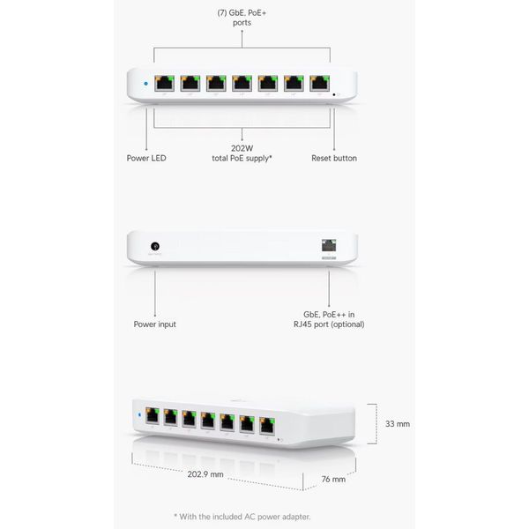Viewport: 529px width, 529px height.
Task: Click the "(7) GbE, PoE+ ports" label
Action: (x=242, y=18)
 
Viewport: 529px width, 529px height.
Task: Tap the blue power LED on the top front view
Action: (x=145, y=84)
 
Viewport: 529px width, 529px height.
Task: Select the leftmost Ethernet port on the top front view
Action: (x=164, y=84)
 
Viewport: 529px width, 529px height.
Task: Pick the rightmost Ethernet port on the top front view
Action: (x=319, y=84)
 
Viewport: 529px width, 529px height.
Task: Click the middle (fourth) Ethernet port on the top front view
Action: (x=242, y=84)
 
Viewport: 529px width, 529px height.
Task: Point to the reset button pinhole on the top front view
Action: (x=334, y=95)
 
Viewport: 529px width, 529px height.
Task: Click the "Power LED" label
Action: (x=146, y=158)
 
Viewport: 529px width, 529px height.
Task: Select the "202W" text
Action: (x=242, y=148)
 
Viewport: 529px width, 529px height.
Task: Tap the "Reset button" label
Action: (x=334, y=158)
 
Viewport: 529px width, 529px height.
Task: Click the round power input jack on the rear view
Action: (x=155, y=246)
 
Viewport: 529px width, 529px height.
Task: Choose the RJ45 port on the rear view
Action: (x=329, y=245)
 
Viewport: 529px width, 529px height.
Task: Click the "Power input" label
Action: (x=155, y=324)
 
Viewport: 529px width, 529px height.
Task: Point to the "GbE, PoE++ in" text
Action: (x=329, y=315)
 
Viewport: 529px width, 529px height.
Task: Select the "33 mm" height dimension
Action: (x=398, y=424)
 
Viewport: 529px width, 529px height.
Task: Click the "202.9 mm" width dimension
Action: (x=205, y=474)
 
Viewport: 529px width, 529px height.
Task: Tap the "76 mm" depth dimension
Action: (x=333, y=479)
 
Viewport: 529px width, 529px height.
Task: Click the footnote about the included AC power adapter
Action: (x=242, y=517)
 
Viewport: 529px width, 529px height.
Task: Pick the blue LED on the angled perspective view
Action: (x=139, y=414)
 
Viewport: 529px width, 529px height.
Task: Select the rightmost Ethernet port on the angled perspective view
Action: (x=267, y=426)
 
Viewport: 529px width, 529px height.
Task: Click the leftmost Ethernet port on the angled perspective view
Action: (x=153, y=415)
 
